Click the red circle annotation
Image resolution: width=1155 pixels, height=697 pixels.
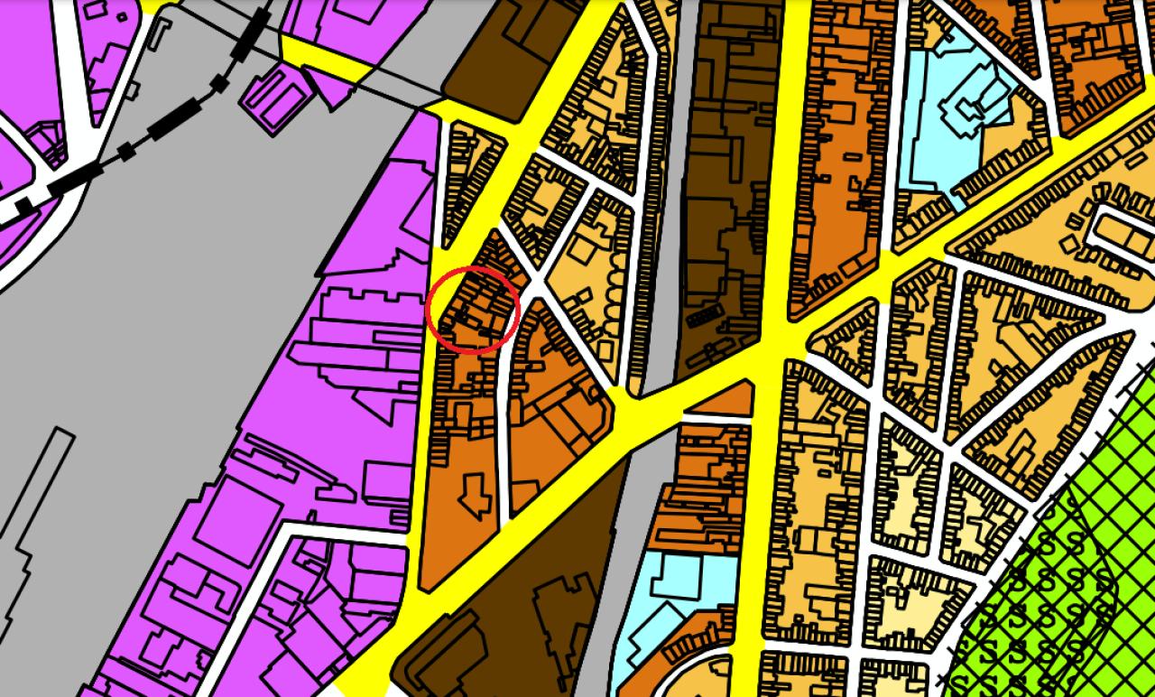(472, 310)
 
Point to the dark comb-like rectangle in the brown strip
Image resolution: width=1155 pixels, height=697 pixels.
(705, 317)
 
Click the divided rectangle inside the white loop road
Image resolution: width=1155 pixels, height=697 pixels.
(1123, 234)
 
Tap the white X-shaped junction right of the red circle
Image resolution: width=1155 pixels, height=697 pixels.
(539, 285)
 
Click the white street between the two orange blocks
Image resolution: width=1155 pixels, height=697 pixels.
(503, 433)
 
